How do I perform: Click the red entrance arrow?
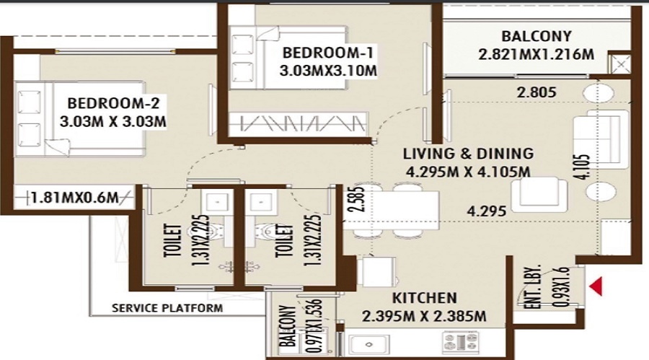[x=596, y=286]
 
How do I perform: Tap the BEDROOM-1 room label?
[x=328, y=53]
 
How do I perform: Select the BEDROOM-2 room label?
[x=113, y=103]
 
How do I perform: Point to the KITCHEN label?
[x=424, y=298]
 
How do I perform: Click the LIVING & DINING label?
[x=469, y=154]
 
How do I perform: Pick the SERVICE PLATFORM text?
[x=167, y=308]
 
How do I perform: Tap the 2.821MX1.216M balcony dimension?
[x=536, y=54]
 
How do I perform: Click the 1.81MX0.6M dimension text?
[x=75, y=198]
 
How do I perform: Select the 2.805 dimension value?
[x=537, y=92]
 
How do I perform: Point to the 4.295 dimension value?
[x=486, y=211]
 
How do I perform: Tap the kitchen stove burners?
[x=460, y=342]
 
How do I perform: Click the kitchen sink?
[x=368, y=344]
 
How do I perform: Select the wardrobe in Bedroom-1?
[x=299, y=123]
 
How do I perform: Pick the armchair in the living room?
[x=539, y=194]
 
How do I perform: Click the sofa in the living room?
[x=600, y=139]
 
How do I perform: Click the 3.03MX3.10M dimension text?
[x=328, y=71]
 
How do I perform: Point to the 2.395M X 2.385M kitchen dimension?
[x=424, y=317]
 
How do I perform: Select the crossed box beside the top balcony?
[x=619, y=63]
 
